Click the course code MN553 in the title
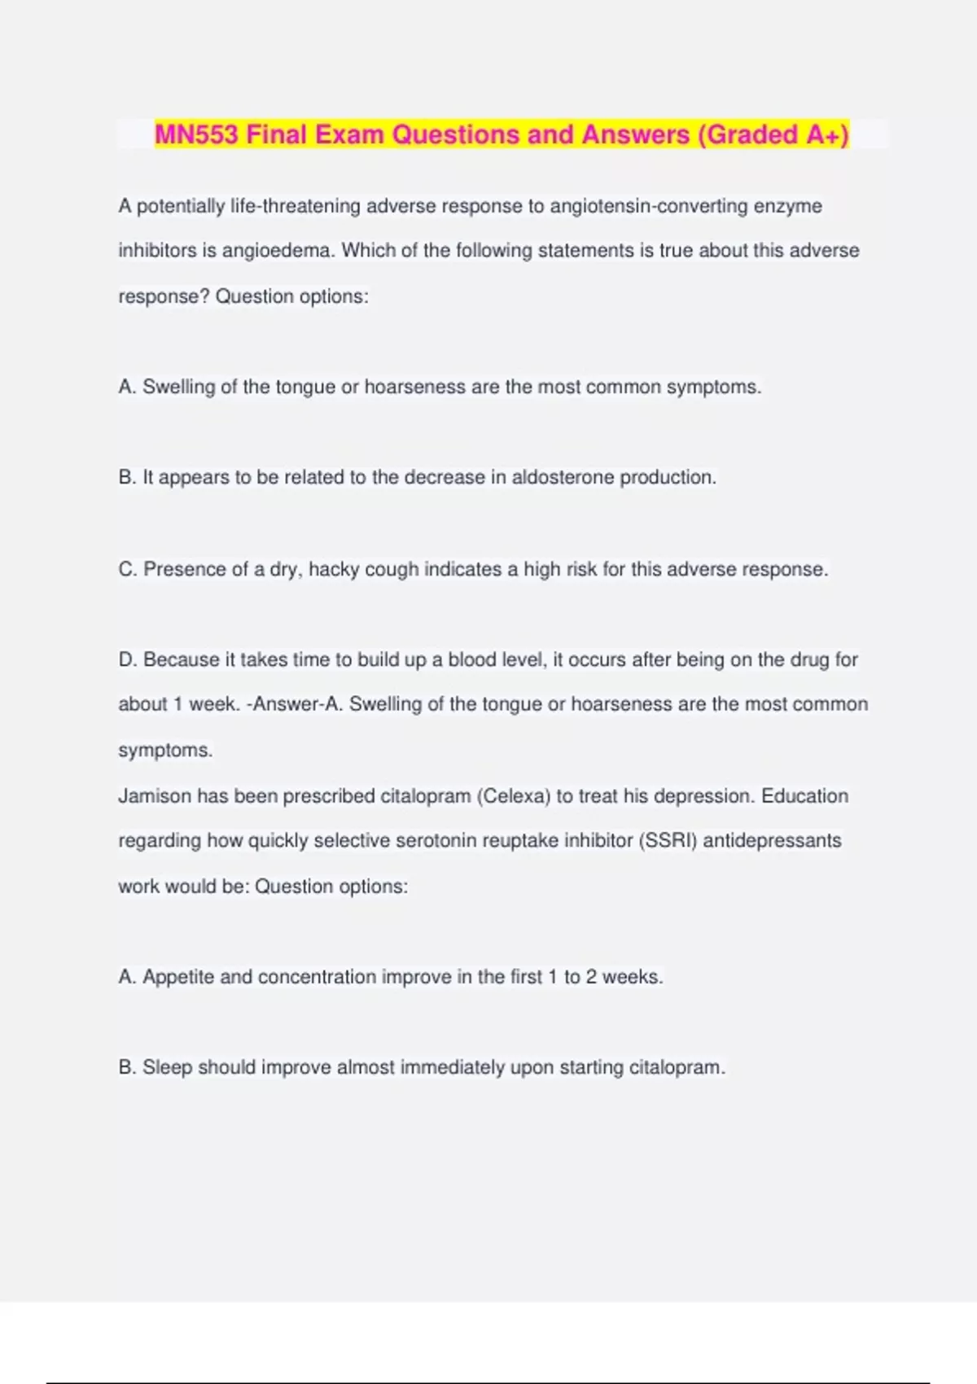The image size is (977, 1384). click(196, 134)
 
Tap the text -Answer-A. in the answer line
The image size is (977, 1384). click(295, 704)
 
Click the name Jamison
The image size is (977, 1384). click(156, 795)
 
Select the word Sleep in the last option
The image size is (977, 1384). click(167, 1067)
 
